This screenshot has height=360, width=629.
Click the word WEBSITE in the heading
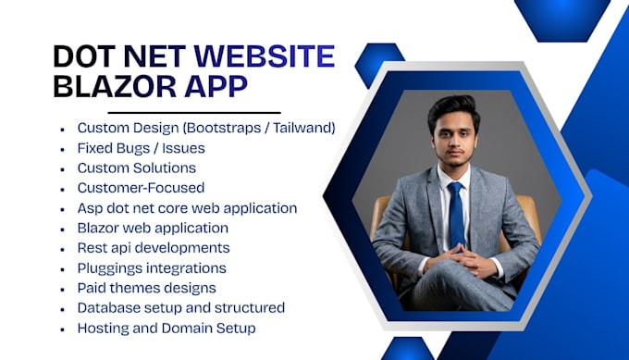(x=265, y=56)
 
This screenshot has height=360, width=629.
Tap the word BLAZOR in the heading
(x=115, y=86)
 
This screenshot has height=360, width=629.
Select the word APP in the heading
(x=216, y=86)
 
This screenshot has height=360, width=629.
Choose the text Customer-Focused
(x=141, y=188)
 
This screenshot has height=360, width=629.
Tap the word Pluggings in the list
(x=107, y=268)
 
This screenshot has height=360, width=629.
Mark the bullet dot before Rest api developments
(x=62, y=250)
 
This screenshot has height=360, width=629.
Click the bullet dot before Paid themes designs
(x=62, y=290)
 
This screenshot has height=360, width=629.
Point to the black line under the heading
(x=194, y=113)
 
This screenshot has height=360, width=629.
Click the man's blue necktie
(x=457, y=215)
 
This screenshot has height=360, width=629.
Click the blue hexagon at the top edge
(x=561, y=20)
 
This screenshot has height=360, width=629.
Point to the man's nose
(x=453, y=143)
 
